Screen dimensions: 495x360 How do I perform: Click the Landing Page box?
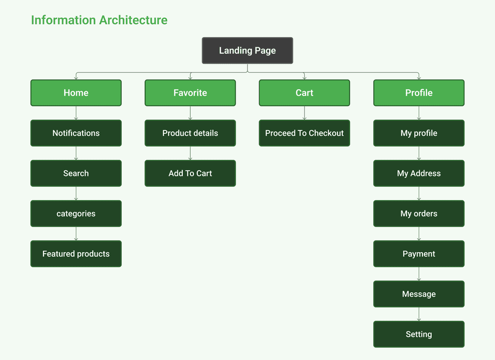coord(247,50)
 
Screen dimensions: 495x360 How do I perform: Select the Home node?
coord(76,93)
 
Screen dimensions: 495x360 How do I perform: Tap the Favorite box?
coord(190,93)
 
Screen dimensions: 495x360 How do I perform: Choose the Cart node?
coord(305,93)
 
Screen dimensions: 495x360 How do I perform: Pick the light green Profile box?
coord(419,93)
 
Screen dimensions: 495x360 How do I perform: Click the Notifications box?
coord(76,133)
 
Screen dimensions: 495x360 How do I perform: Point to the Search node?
coord(76,173)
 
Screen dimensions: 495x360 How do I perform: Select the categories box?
coord(76,214)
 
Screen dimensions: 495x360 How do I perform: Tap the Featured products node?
coord(76,254)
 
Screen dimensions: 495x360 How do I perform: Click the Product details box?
coord(190,133)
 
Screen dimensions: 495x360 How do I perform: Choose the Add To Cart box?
coord(190,173)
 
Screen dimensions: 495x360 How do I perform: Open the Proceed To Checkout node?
coord(305,133)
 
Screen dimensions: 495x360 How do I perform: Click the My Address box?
coord(419,173)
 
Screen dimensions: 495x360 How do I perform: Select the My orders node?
coord(419,214)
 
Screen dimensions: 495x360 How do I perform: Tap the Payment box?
coord(419,254)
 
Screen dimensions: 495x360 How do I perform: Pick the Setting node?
coord(419,334)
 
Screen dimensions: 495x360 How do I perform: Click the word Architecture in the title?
coord(133,20)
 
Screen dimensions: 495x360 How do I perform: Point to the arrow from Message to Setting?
coord(419,314)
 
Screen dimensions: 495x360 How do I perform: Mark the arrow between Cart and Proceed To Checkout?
coord(305,113)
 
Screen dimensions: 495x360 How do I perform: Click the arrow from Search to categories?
coord(76,193)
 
